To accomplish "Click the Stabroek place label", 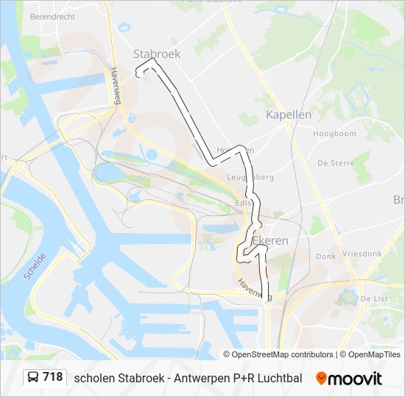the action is click(x=156, y=54).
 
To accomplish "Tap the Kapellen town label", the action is click(x=289, y=115).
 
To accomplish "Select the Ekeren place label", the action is click(x=270, y=240).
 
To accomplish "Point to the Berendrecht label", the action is click(x=54, y=15).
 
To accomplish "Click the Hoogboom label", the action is click(x=334, y=134).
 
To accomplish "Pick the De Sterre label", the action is click(x=332, y=162).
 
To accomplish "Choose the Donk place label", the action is click(x=325, y=257).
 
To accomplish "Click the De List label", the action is click(x=374, y=298).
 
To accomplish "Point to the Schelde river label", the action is click(x=35, y=266).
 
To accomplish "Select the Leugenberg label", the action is click(x=252, y=177).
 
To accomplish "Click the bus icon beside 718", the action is click(x=33, y=378).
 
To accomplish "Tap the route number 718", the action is click(x=52, y=377).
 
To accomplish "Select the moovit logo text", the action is click(x=355, y=378).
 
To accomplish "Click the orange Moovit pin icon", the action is click(x=321, y=378).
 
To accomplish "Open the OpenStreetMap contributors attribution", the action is click(x=283, y=354).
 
